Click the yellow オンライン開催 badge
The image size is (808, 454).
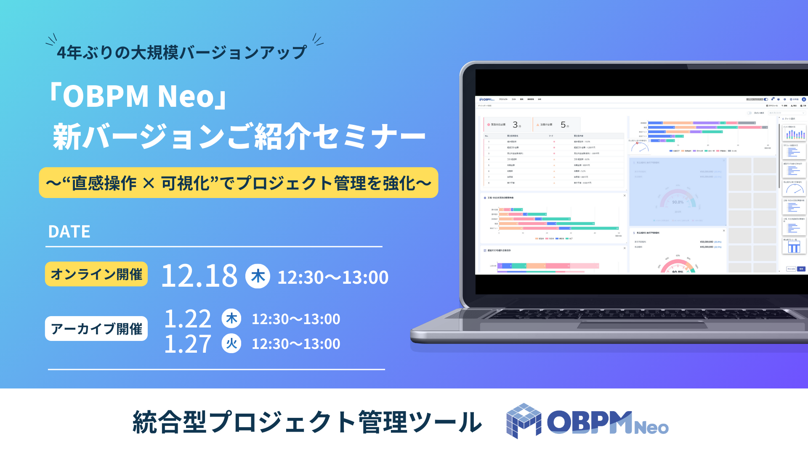(96, 274)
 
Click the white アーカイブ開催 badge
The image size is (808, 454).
(96, 329)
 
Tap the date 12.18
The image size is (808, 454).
(199, 276)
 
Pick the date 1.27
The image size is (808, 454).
(188, 344)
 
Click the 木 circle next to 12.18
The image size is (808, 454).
(258, 276)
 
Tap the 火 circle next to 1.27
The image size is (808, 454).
(231, 343)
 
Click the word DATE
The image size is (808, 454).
(69, 232)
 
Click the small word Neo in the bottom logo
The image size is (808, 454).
(651, 428)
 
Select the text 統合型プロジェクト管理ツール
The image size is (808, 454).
(307, 422)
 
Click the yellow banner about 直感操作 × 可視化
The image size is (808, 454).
(239, 183)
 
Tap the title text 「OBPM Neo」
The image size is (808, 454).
(139, 96)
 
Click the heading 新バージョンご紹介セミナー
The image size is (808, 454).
(239, 137)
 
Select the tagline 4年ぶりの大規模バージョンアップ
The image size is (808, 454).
(182, 53)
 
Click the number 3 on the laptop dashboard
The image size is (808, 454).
(515, 124)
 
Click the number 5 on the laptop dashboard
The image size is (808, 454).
(563, 124)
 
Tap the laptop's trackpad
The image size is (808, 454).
(642, 325)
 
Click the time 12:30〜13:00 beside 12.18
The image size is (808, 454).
(333, 277)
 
